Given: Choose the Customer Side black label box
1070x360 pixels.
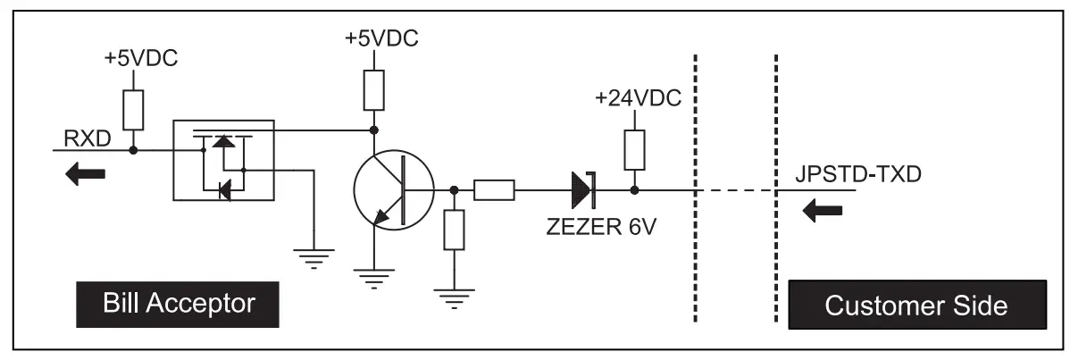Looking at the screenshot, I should (915, 306).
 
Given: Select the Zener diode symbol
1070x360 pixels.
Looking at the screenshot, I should (583, 189).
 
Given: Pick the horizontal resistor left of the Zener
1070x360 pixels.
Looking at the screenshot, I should (494, 189).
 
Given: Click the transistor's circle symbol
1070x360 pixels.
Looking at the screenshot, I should (393, 189).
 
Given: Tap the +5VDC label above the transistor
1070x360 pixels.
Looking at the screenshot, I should (381, 39).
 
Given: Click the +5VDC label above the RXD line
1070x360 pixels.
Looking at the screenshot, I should (141, 61).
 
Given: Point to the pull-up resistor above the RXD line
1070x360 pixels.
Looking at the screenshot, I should (133, 109).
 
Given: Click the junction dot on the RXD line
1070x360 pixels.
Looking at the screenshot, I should (133, 150).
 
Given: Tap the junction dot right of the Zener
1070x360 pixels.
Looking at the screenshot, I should (634, 189).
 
